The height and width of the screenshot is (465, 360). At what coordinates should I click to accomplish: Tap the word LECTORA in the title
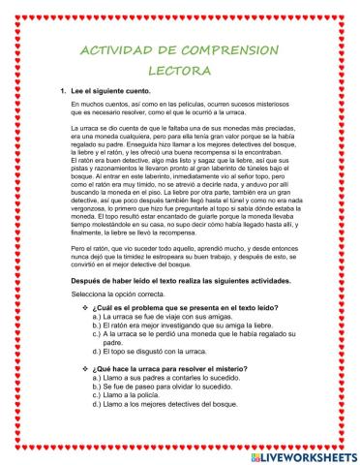coord(180,71)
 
